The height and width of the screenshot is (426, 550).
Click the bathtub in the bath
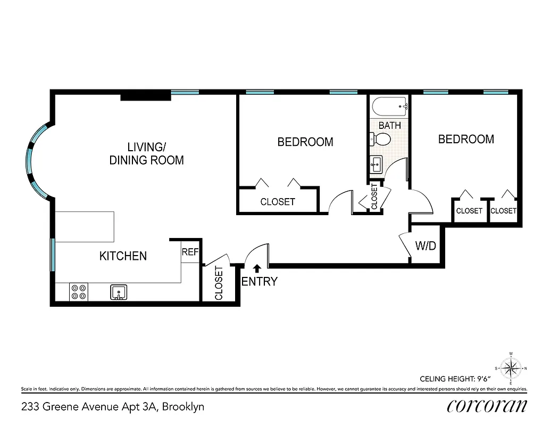389,108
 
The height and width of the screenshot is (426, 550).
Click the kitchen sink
119,292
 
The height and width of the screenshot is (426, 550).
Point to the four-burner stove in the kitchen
79,292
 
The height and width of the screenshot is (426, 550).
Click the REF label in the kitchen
190,252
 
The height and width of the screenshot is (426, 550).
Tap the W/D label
426,247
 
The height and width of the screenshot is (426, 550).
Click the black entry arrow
257,269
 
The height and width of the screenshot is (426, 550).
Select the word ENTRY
260,282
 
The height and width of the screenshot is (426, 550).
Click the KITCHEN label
123,256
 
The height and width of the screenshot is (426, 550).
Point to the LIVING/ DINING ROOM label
146,153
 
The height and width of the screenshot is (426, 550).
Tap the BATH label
389,126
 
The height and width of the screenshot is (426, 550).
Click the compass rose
511,368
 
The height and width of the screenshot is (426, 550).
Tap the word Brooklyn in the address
183,407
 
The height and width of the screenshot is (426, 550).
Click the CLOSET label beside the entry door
219,283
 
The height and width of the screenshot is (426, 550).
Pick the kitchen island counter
85,226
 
